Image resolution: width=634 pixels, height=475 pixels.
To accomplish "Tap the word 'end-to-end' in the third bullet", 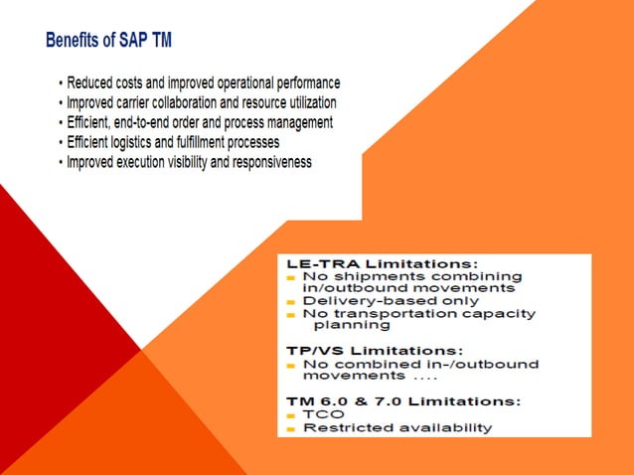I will [x=150, y=122].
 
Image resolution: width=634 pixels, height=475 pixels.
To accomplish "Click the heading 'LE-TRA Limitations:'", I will [x=373, y=262].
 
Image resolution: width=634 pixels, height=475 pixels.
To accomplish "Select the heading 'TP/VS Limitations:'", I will [x=373, y=350].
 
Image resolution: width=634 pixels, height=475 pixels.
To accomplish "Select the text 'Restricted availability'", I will [x=396, y=427].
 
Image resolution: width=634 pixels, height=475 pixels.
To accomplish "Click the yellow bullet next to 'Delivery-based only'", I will [x=291, y=301].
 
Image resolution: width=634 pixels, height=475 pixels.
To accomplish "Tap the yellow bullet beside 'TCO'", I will [x=291, y=414].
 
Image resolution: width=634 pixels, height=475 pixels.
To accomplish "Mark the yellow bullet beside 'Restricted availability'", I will [x=291, y=428].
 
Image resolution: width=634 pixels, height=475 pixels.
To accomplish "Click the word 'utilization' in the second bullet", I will [x=307, y=102].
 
